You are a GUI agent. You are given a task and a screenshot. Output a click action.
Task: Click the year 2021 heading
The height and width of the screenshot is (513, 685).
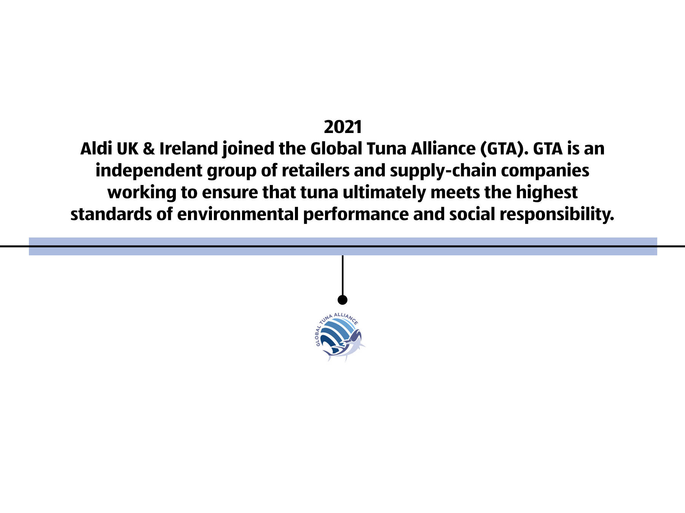(x=342, y=127)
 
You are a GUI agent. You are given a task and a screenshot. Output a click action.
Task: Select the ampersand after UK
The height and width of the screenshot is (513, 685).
(x=149, y=149)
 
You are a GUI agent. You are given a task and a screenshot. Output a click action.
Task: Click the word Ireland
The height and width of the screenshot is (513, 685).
(x=188, y=149)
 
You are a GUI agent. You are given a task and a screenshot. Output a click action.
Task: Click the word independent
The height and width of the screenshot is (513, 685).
(x=149, y=171)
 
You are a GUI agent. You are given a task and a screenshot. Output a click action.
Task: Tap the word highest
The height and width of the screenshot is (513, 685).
(x=546, y=193)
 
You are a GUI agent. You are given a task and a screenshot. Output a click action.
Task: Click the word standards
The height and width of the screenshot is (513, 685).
(x=111, y=214)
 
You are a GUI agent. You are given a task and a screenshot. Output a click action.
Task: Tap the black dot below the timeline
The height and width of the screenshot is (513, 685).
(x=342, y=300)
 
